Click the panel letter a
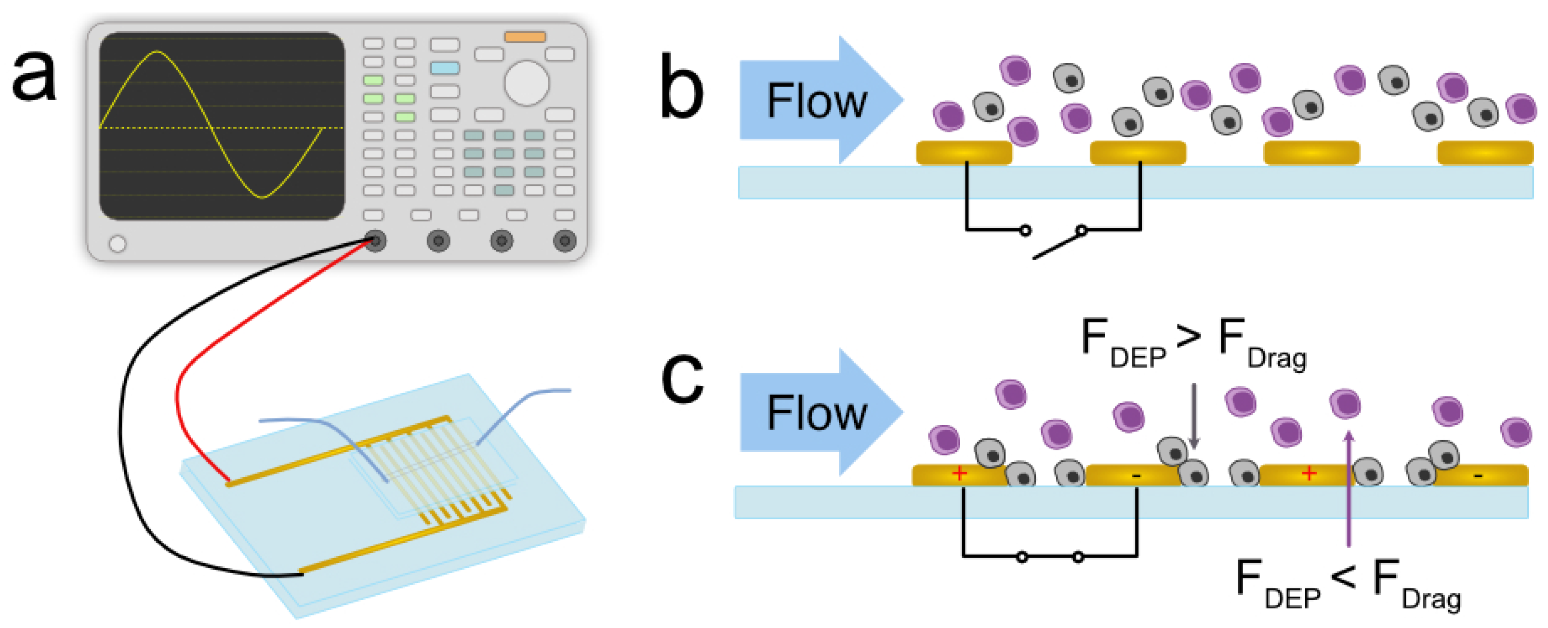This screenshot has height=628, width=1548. tap(34, 77)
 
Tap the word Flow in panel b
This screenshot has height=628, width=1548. tap(817, 101)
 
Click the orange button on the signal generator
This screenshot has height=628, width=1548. tap(525, 37)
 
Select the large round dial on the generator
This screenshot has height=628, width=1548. tap(527, 83)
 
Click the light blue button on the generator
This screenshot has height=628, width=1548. tap(445, 68)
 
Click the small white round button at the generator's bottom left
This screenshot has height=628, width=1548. tap(118, 244)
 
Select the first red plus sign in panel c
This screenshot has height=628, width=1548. tap(960, 473)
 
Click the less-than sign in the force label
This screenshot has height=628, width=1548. tap(1344, 578)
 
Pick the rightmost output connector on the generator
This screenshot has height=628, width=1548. tap(564, 241)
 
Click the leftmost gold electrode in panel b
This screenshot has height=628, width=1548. tap(964, 153)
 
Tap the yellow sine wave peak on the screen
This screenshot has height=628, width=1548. tap(158, 52)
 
